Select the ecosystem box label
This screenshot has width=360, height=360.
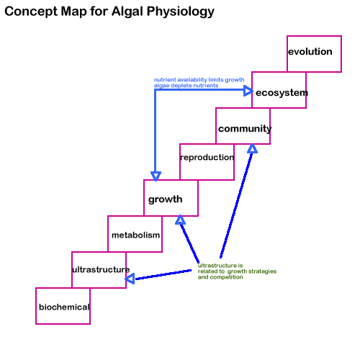click(282, 93)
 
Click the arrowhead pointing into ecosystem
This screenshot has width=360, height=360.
click(248, 91)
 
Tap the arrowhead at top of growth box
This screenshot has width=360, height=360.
click(156, 176)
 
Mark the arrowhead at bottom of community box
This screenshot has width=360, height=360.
click(252, 148)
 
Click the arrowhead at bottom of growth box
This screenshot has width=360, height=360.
click(180, 220)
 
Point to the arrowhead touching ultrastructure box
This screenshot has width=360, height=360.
click(130, 279)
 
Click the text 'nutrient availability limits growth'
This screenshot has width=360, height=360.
click(199, 80)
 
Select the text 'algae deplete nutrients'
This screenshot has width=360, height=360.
click(186, 86)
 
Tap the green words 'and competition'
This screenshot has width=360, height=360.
click(220, 277)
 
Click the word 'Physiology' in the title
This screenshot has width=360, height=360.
click(181, 12)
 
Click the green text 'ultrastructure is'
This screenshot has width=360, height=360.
click(220, 266)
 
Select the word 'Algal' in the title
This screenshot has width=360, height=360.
click(127, 12)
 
